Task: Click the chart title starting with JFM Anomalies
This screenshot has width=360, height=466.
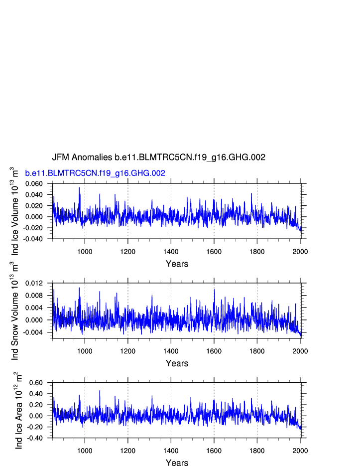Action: [x=158, y=157]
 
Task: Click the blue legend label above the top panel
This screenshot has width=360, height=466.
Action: [x=95, y=173]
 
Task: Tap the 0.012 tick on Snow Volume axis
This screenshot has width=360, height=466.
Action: [x=41, y=283]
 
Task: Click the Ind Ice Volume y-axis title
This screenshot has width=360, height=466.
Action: [x=14, y=211]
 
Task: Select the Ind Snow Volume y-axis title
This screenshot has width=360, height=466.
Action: [x=14, y=311]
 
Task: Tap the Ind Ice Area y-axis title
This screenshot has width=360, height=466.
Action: [x=18, y=410]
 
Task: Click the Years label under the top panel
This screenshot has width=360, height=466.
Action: [x=177, y=264]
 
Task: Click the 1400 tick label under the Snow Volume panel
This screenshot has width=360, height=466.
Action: [x=171, y=351]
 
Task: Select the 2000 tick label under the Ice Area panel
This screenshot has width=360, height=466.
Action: [x=300, y=451]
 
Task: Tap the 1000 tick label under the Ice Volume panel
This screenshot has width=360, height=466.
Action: [x=85, y=251]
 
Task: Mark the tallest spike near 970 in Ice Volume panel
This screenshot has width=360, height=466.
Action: [x=79, y=188]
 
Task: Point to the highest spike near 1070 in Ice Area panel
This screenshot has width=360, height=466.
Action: [x=100, y=391]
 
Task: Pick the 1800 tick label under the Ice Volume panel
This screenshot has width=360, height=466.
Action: [x=257, y=251]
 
